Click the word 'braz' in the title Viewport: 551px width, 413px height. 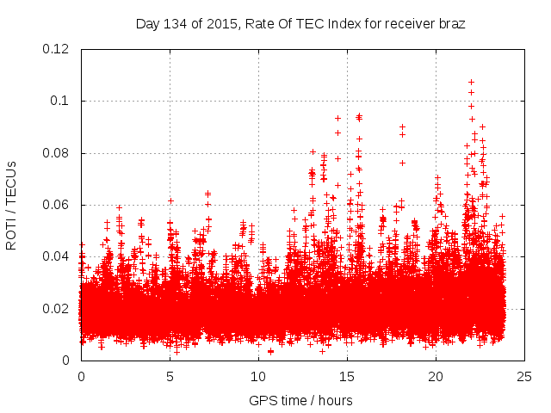(451, 24)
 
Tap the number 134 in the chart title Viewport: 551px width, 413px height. (174, 24)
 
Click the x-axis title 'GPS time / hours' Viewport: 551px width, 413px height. (300, 400)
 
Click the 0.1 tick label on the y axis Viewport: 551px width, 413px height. (61, 101)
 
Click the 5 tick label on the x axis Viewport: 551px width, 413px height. (170, 376)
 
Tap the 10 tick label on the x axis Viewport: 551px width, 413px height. (258, 376)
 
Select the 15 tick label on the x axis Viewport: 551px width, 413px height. (347, 376)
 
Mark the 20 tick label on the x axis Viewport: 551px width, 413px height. (436, 376)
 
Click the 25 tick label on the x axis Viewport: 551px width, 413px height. (524, 376)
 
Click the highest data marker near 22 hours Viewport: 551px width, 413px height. (471, 83)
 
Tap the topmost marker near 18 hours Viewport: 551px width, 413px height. (402, 126)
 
